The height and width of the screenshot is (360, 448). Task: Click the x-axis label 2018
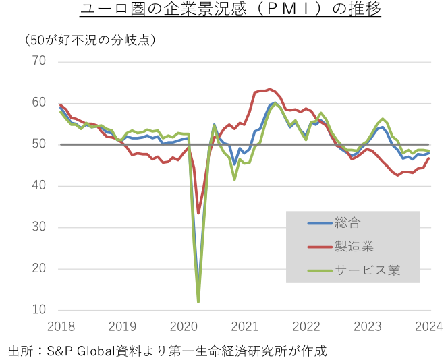(x=60, y=326)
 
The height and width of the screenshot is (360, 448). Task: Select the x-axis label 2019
(x=121, y=326)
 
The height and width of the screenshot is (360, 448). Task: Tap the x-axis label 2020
(x=184, y=326)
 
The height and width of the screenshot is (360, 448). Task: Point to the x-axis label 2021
(x=245, y=326)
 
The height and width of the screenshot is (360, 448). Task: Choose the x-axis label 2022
(x=306, y=326)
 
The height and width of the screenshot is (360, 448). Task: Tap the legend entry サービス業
(x=366, y=271)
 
